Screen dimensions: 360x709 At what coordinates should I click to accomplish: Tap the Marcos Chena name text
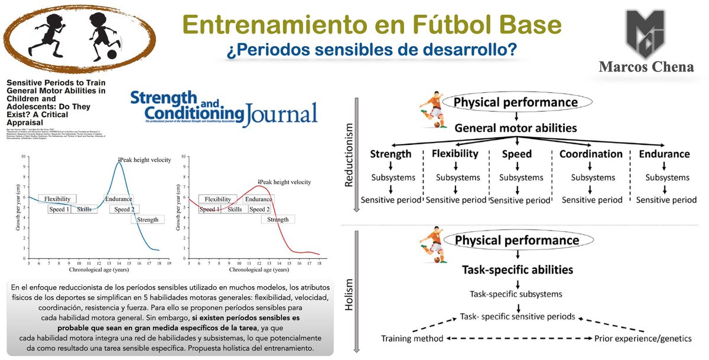(645, 67)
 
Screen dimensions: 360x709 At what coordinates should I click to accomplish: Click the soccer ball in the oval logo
(112, 54)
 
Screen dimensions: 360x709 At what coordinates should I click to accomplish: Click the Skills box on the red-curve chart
(235, 209)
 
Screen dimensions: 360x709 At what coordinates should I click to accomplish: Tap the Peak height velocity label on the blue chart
(145, 160)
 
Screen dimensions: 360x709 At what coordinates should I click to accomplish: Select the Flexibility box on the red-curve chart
(217, 199)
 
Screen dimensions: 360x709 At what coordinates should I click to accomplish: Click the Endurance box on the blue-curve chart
(118, 199)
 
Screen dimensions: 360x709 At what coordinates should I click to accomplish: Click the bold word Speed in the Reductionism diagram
(516, 154)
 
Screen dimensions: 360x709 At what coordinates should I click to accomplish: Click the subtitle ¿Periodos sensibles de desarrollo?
(372, 51)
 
